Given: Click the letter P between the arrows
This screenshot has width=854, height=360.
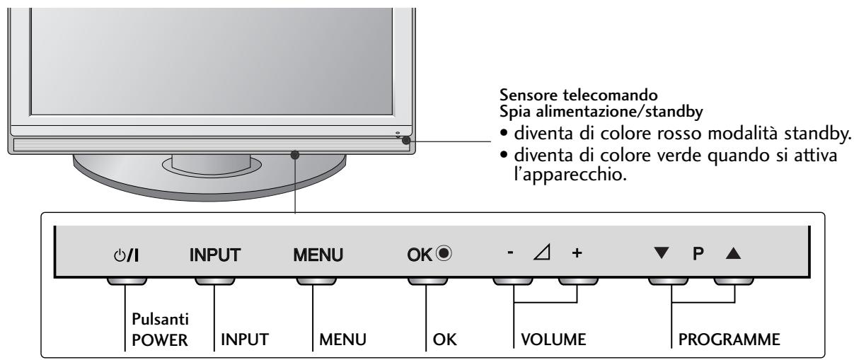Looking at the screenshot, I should [699, 252].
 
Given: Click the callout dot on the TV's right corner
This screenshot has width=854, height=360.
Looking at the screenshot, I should [406, 140].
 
